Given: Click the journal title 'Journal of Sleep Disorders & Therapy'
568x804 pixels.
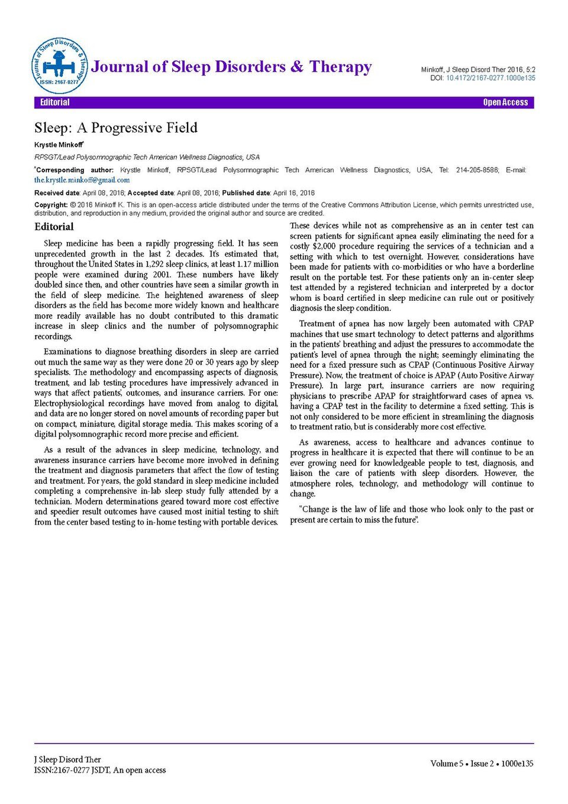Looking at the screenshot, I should pyautogui.click(x=231, y=67).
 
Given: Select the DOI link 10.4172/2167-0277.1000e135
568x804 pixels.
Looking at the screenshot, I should pyautogui.click(x=490, y=78).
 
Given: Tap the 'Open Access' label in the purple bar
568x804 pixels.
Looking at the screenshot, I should pyautogui.click(x=505, y=102).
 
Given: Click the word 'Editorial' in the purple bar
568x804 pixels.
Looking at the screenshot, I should pyautogui.click(x=54, y=102).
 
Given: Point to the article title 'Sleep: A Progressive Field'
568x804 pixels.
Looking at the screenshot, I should pyautogui.click(x=116, y=128).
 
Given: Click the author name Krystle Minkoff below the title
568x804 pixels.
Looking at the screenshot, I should pyautogui.click(x=58, y=145).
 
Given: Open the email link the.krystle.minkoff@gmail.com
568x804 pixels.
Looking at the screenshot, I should pyautogui.click(x=82, y=180).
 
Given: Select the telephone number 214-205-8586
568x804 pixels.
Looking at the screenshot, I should pyautogui.click(x=477, y=170).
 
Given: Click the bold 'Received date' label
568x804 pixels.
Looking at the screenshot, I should pyautogui.click(x=57, y=193).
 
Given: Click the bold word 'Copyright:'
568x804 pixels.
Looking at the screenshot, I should pyautogui.click(x=51, y=205).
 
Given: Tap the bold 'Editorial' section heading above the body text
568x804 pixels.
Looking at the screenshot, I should pyautogui.click(x=54, y=227).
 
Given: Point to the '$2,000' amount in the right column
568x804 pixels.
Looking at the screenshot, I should pyautogui.click(x=324, y=246).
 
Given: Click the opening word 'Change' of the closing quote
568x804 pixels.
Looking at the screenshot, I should pyautogui.click(x=316, y=509).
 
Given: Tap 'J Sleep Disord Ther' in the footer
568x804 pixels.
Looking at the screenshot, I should pyautogui.click(x=67, y=760).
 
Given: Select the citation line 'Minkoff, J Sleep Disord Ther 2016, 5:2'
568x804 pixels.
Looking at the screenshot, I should pyautogui.click(x=478, y=70).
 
